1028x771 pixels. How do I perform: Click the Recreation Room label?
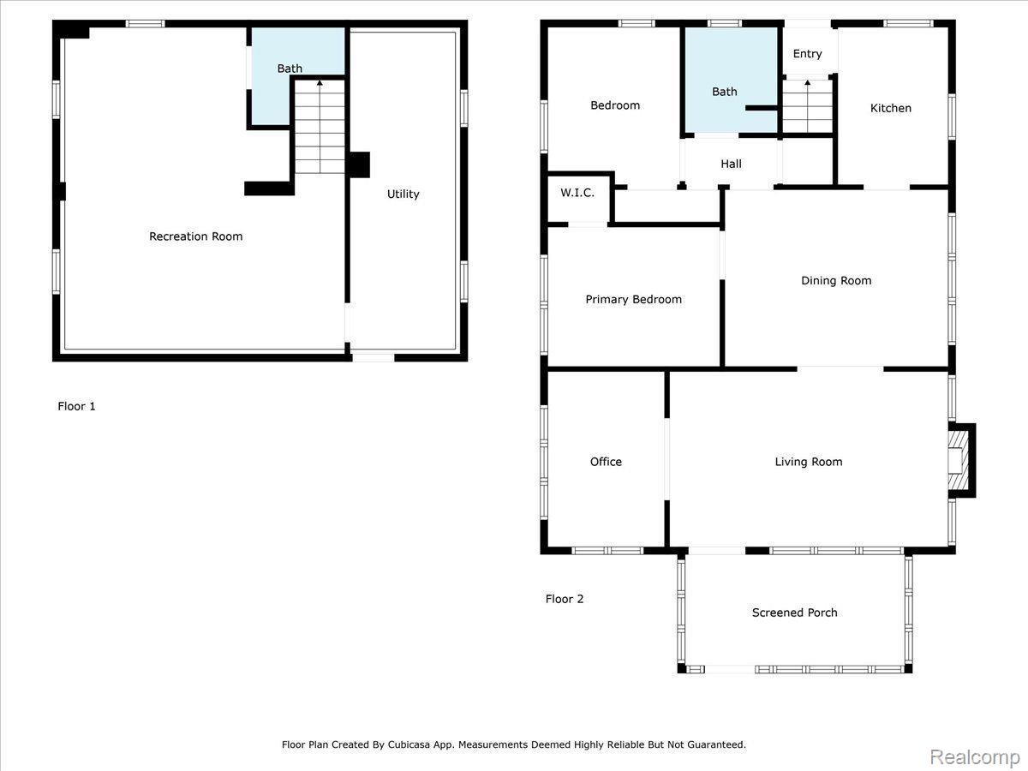[x=196, y=236]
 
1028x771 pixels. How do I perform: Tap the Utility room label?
[x=403, y=194]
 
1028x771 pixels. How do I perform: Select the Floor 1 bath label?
[x=290, y=69]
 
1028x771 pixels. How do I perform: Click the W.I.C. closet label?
[x=577, y=193]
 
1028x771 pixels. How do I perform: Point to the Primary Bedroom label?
[x=633, y=300]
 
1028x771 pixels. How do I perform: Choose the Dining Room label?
[x=836, y=280]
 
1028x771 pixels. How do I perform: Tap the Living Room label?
[x=809, y=462]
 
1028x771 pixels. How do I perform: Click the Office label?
[x=606, y=462]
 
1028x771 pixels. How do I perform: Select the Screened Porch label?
[x=794, y=613]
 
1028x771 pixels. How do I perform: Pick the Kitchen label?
[x=890, y=108]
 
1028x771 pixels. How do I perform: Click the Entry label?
[x=807, y=54]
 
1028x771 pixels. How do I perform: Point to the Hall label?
[x=731, y=164]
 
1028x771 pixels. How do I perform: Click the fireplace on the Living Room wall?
[x=960, y=461]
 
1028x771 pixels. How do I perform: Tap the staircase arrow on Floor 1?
[x=320, y=127]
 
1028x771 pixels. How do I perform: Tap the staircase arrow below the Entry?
[x=807, y=106]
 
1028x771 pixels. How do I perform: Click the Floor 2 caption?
[x=565, y=599]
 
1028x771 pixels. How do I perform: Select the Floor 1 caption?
[x=76, y=406]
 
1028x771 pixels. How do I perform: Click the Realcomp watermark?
[x=975, y=757]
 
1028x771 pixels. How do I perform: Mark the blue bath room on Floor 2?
[x=731, y=80]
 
